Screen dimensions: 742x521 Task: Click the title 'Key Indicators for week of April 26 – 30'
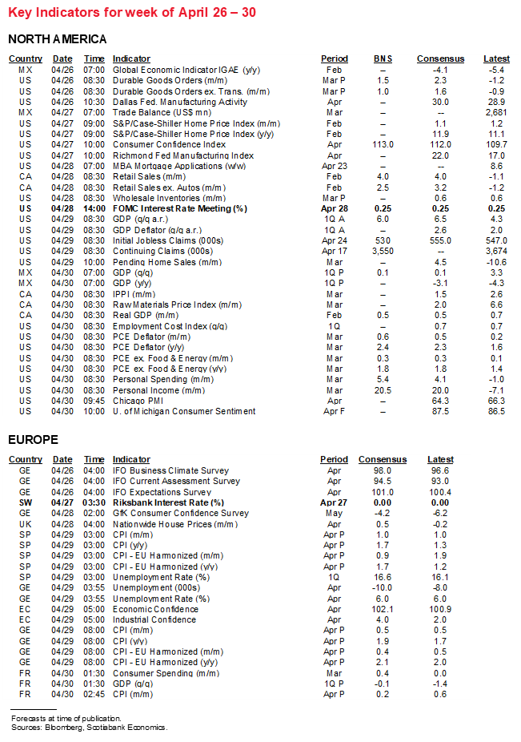coord(132,13)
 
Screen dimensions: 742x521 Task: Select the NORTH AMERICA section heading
coord(57,39)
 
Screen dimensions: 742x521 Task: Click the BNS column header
coord(383,58)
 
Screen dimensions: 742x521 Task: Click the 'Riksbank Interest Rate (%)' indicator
coord(168,502)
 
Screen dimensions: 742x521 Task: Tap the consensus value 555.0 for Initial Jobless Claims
coord(440,240)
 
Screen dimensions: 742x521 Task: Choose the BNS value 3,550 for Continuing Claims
coord(383,251)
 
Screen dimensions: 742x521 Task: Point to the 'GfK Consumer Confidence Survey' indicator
coord(180,513)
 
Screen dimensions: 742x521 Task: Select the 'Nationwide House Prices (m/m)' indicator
coord(175,524)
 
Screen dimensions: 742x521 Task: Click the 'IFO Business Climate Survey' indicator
coord(170,470)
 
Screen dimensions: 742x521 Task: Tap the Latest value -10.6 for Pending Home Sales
coord(496,261)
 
